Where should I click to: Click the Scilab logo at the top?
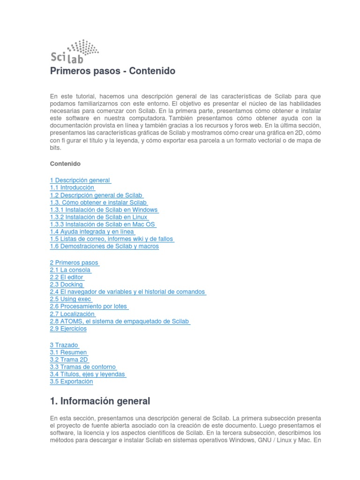click(74, 51)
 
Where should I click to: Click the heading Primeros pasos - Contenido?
click(112, 71)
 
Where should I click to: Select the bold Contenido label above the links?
click(65, 164)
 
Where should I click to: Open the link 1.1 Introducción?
click(72, 187)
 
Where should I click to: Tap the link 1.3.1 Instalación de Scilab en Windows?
click(104, 210)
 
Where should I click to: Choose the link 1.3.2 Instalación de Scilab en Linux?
click(98, 217)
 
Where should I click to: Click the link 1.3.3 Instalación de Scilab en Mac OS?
click(102, 225)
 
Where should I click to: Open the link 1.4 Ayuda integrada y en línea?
click(92, 232)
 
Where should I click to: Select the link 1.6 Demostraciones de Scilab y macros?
click(104, 246)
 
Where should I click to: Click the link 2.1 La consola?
click(70, 270)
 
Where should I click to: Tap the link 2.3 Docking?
click(66, 285)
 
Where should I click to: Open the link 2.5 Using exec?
click(70, 299)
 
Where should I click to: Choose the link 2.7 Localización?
click(72, 314)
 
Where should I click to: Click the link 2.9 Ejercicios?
click(68, 329)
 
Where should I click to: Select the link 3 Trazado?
click(64, 345)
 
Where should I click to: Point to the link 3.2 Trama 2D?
click(68, 360)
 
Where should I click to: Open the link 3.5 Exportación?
click(71, 382)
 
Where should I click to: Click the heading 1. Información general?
click(100, 401)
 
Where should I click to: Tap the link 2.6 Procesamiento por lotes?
click(89, 307)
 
